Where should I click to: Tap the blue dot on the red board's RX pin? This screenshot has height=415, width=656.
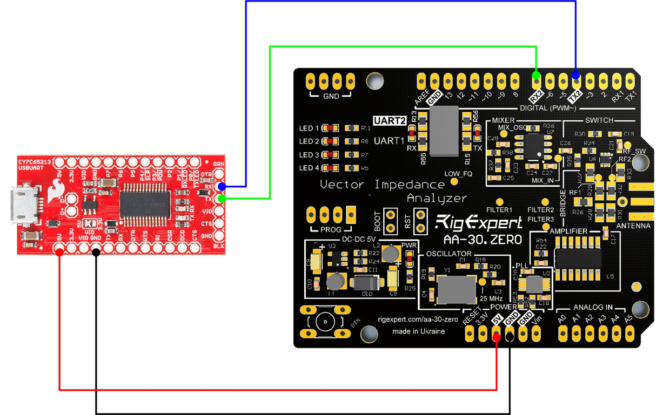click(222, 187)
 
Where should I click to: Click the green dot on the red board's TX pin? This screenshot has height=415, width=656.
click(222, 199)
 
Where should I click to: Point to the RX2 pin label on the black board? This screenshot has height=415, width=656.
click(535, 96)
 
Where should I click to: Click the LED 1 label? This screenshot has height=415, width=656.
click(309, 128)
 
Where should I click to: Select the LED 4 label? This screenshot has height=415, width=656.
click(309, 168)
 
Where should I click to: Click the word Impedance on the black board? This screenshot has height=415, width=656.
click(411, 185)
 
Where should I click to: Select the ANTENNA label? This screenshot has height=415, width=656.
click(633, 226)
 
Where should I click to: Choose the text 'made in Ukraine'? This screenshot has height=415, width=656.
click(418, 331)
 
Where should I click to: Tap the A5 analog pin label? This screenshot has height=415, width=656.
click(628, 318)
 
